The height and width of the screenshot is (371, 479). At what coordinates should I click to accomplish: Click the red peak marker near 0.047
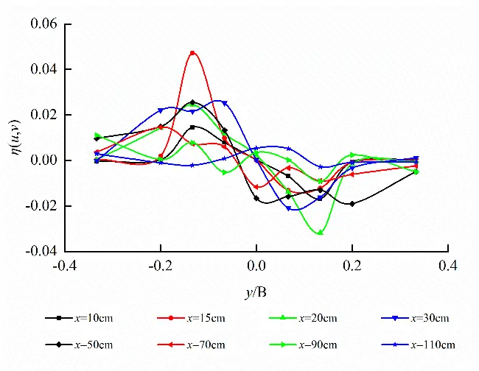point(192,53)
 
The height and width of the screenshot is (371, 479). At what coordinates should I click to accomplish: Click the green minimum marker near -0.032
point(320,233)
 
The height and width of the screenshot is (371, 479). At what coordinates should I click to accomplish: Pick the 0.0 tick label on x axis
point(256,265)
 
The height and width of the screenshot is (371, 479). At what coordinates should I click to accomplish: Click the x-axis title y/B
point(256,293)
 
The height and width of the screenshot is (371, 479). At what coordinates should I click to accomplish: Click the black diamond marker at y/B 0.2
point(352,204)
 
